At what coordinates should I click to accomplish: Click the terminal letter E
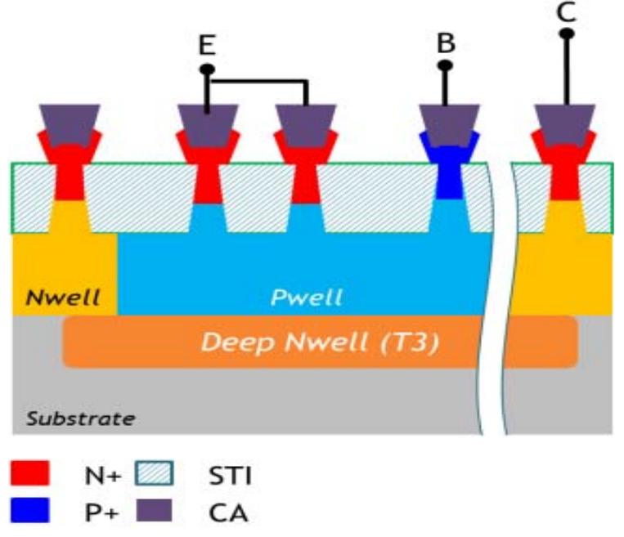point(207,46)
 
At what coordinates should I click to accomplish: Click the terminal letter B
point(446,43)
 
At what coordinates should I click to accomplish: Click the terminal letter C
point(565,11)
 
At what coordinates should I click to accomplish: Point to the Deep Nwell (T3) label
point(321,342)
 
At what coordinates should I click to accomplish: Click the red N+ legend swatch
point(30,472)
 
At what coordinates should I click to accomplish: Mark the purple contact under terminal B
point(447,122)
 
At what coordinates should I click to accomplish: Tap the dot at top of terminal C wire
point(565,34)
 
